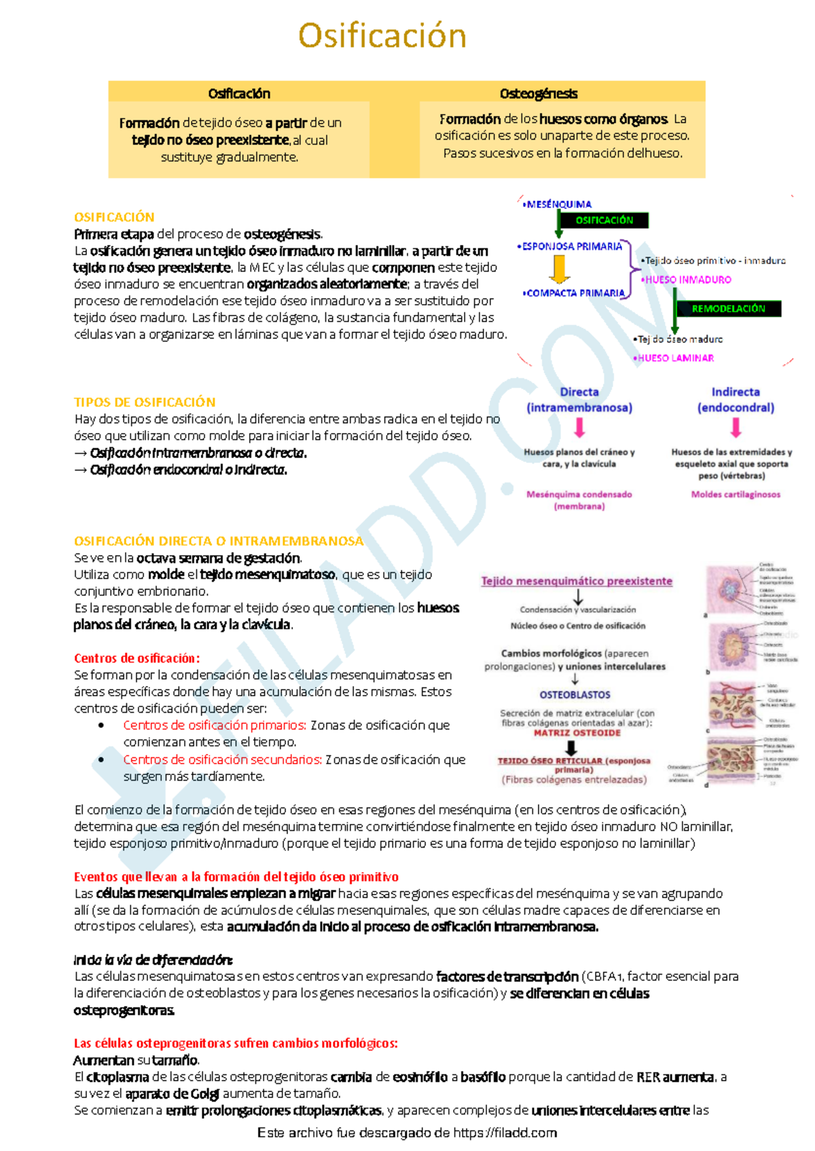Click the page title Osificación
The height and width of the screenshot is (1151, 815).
tap(382, 36)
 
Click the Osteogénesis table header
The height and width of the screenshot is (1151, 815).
tap(539, 94)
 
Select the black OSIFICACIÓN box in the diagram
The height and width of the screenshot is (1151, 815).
tap(604, 221)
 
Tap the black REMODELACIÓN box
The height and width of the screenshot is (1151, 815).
tap(728, 309)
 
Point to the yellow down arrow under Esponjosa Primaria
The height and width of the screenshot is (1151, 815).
tap(559, 269)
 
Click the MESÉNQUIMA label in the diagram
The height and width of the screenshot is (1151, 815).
tap(559, 204)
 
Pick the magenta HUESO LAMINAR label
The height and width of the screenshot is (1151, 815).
tap(675, 358)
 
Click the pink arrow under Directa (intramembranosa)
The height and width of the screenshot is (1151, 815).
tap(579, 428)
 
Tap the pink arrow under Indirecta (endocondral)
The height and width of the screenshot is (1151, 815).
tap(736, 428)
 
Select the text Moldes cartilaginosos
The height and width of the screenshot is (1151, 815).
tap(736, 495)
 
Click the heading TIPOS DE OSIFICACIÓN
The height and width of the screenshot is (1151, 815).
tap(145, 402)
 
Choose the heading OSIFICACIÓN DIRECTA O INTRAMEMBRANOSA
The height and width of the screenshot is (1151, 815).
tap(219, 541)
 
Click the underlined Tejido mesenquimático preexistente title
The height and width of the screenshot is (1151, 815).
tap(577, 581)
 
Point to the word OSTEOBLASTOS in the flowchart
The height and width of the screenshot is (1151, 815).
tap(575, 695)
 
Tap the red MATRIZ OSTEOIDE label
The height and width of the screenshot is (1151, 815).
tap(577, 733)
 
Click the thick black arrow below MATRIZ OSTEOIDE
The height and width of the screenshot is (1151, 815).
tap(572, 747)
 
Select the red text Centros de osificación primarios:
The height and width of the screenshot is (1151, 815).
tap(215, 725)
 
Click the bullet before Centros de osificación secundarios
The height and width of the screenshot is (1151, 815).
tap(101, 759)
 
